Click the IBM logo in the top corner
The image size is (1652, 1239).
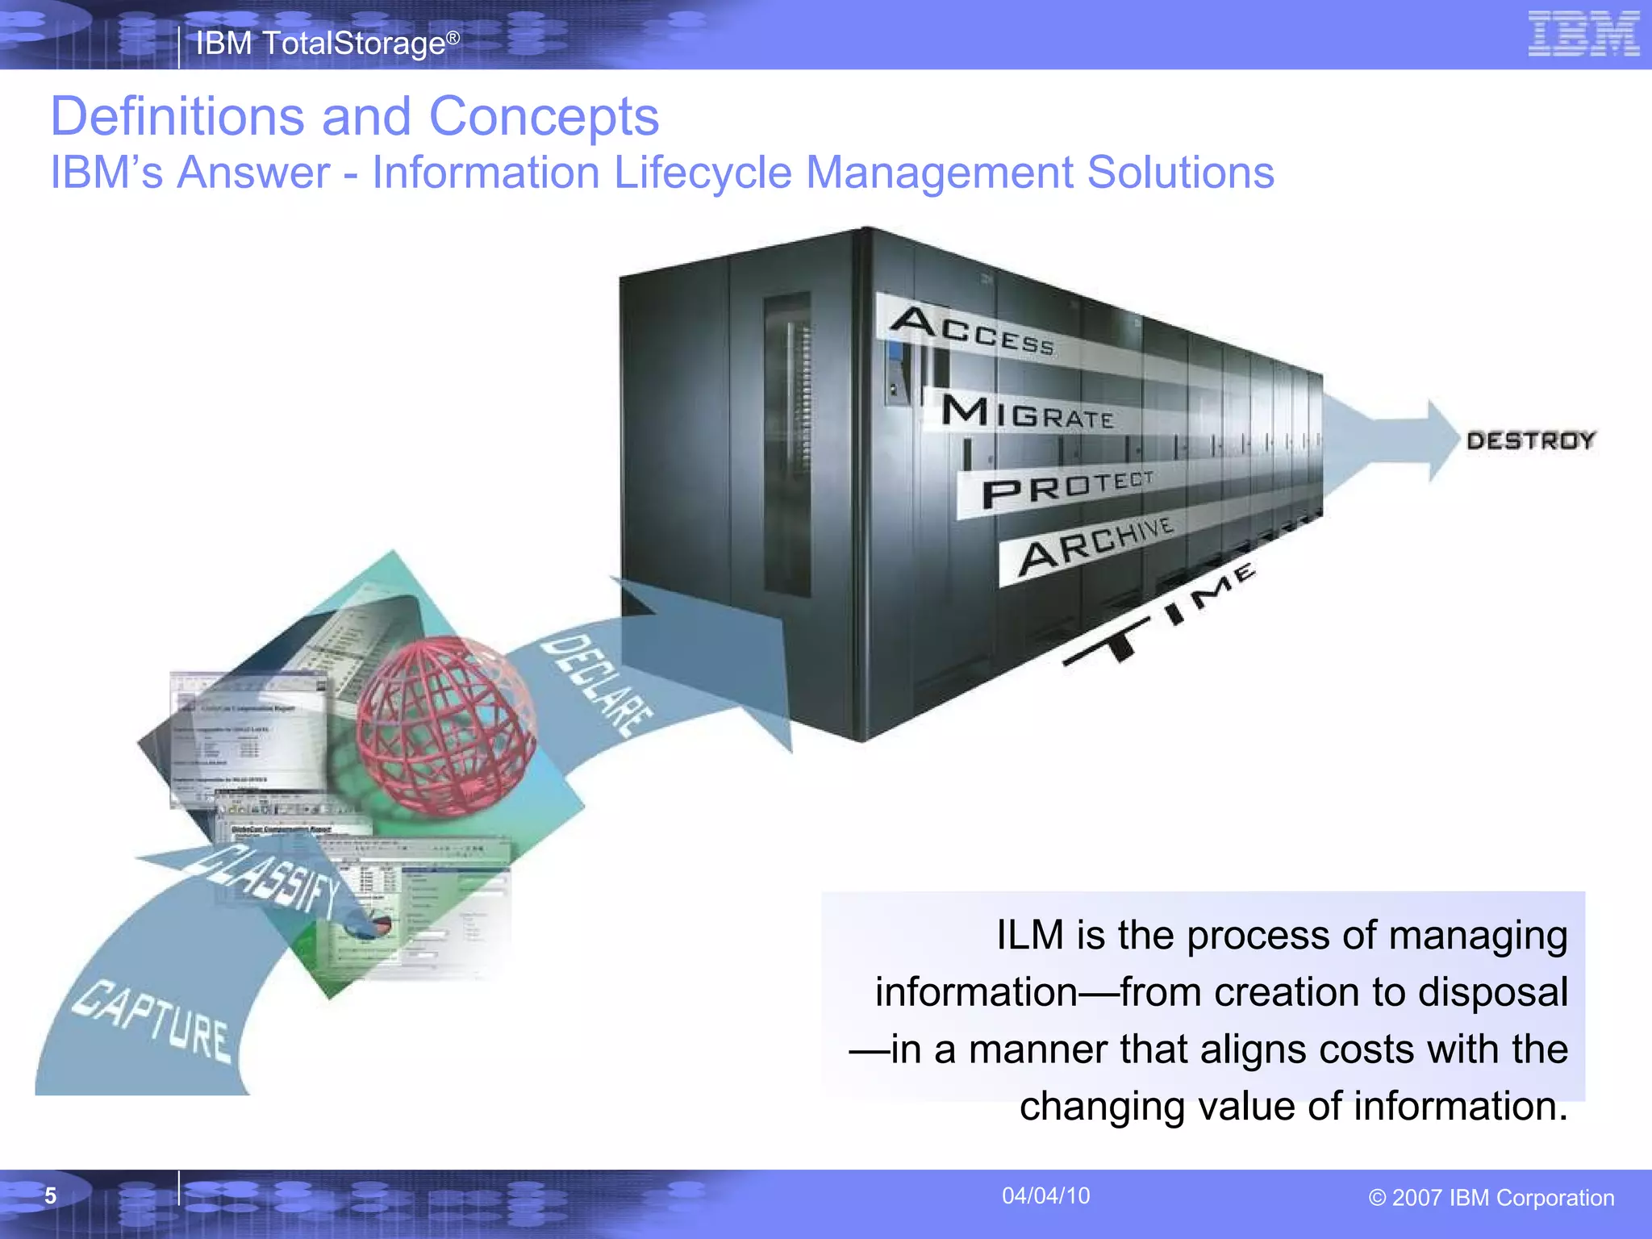pyautogui.click(x=1583, y=35)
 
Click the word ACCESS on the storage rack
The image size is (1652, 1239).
pyautogui.click(x=972, y=331)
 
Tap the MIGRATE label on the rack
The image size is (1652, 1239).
pyautogui.click(x=1028, y=413)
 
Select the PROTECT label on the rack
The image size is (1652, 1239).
pyautogui.click(x=1067, y=487)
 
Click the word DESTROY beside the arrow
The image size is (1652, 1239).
pyautogui.click(x=1530, y=440)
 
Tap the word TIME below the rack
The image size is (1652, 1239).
pyautogui.click(x=1162, y=615)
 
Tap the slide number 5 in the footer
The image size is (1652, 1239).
pyautogui.click(x=50, y=1195)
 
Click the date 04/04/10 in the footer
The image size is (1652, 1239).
pyautogui.click(x=1045, y=1195)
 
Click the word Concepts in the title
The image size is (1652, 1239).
pyautogui.click(x=544, y=116)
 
